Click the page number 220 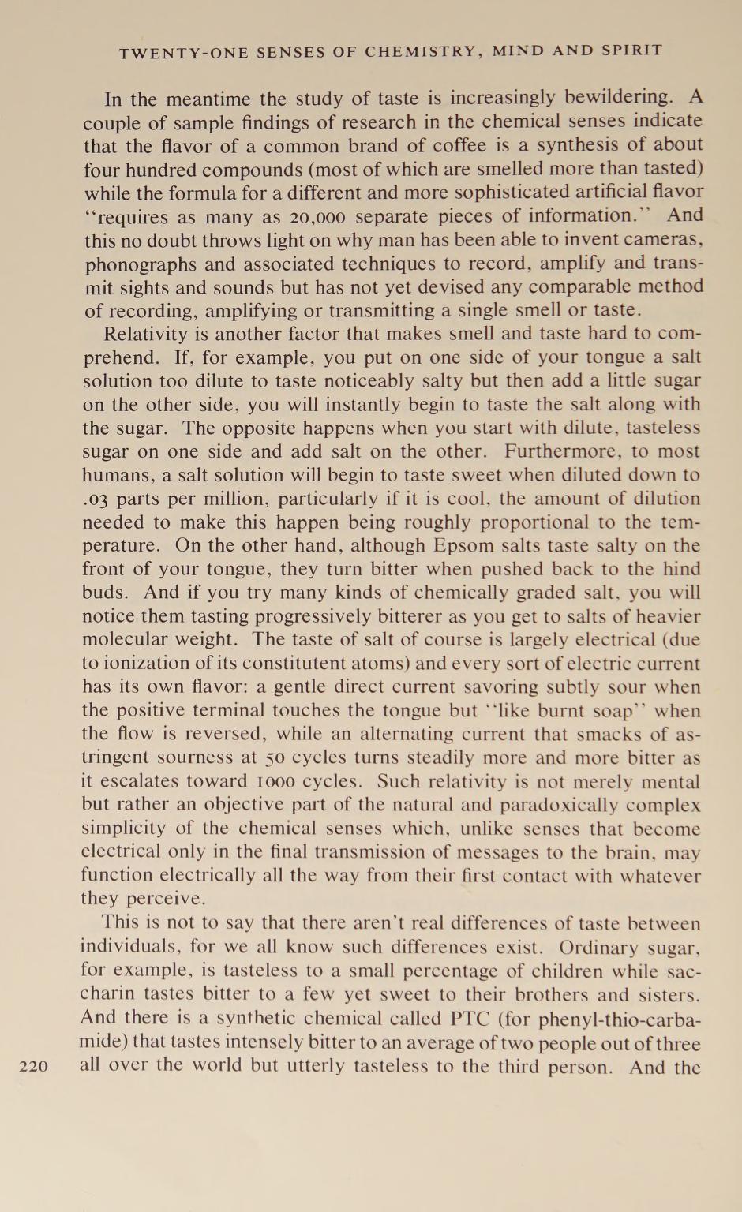(33, 1067)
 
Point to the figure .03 (97, 499)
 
